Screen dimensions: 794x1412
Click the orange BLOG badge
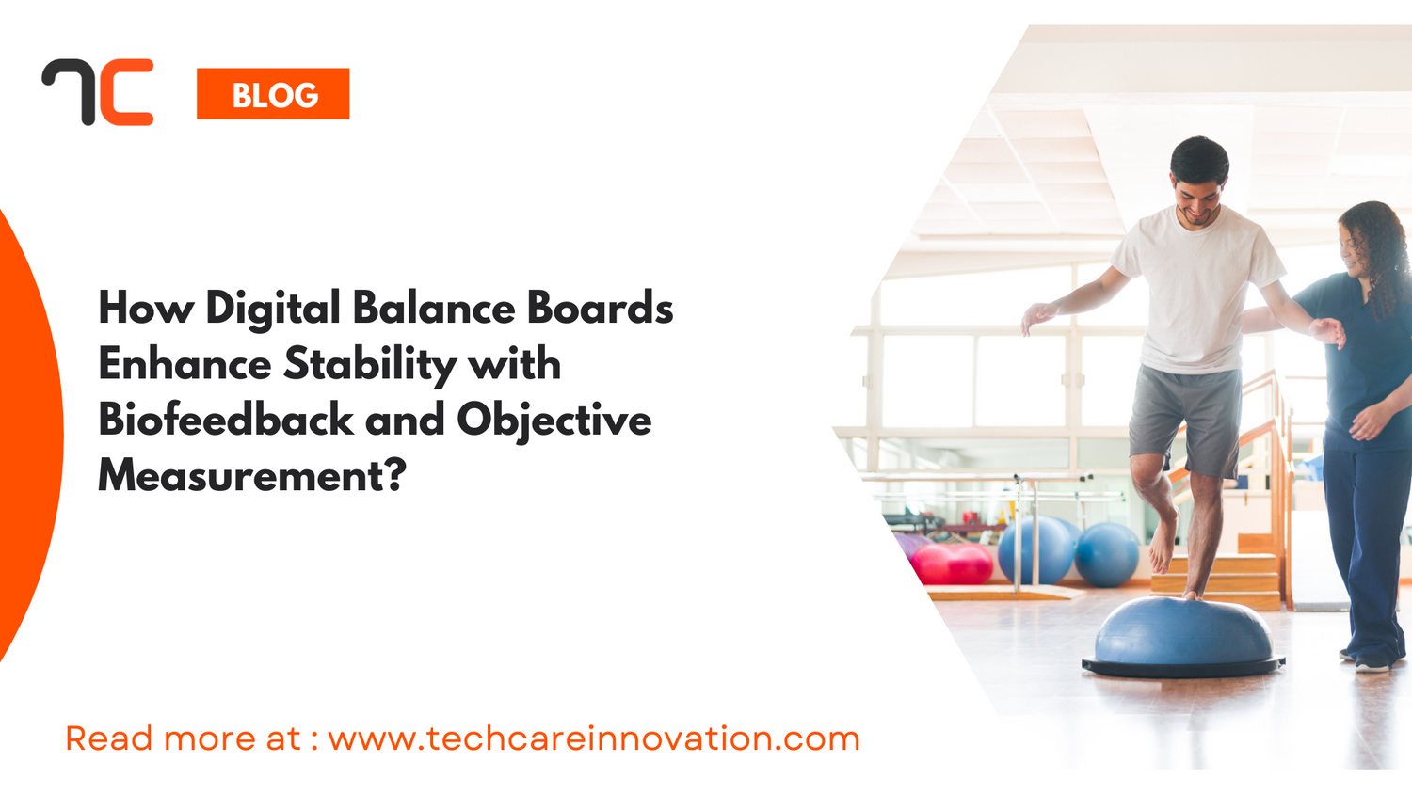[x=273, y=94]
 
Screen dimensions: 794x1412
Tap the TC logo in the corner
[x=98, y=92]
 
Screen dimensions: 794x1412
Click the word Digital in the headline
[x=273, y=310]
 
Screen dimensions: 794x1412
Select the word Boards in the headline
[x=600, y=308]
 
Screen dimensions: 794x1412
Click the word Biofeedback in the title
[x=225, y=420]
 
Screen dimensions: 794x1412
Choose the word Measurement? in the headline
[x=252, y=475]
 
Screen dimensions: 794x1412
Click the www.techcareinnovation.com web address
[x=594, y=738]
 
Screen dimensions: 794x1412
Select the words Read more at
[x=183, y=738]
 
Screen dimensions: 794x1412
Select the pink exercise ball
[x=951, y=564]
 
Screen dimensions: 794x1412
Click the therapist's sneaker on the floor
[x=1372, y=663]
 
